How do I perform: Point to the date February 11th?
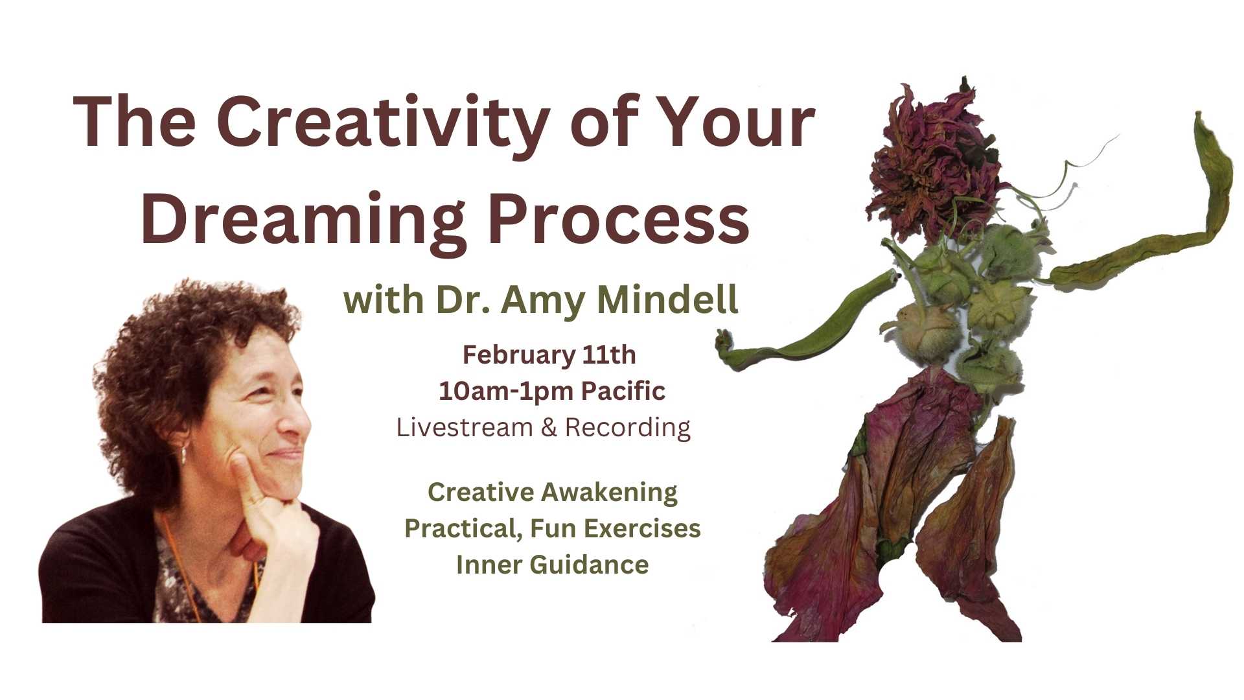549,355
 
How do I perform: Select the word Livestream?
465,427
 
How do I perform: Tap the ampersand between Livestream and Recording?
549,428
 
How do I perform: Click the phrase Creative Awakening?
553,492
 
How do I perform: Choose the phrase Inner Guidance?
553,565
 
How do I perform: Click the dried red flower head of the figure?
933,162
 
